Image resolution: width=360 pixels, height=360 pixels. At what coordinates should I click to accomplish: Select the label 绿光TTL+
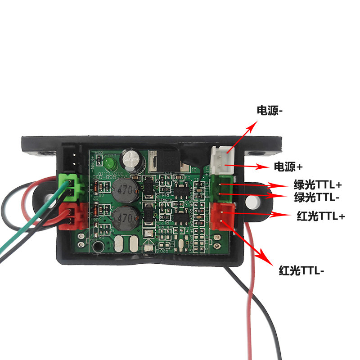click(x=318, y=185)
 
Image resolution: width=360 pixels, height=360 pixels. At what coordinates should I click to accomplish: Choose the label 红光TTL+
click(x=321, y=216)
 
